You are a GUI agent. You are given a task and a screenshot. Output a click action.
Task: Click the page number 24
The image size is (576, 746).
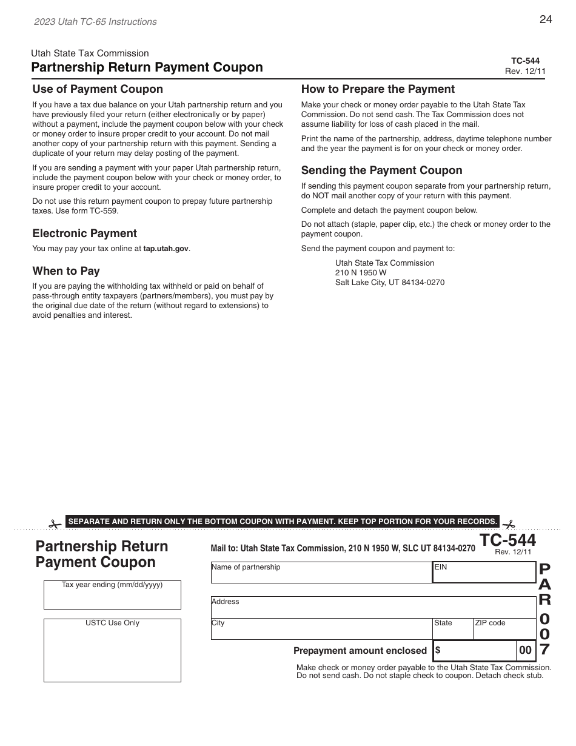point(545,19)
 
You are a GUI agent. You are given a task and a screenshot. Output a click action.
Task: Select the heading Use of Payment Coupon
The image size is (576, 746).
point(98,89)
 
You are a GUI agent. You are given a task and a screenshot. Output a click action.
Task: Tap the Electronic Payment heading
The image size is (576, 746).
point(84,234)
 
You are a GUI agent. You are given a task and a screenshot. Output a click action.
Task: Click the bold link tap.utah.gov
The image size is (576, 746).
point(166,249)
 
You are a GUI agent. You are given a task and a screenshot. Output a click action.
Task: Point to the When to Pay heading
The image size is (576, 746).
point(66,271)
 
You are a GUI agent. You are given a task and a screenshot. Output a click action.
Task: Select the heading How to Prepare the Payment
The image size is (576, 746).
point(378,89)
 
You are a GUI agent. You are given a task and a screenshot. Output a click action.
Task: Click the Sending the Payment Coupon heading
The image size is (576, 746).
point(381,170)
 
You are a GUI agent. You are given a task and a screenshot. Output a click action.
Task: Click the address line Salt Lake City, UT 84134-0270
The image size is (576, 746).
point(390,283)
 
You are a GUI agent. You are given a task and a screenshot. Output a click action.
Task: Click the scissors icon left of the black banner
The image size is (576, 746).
point(56,523)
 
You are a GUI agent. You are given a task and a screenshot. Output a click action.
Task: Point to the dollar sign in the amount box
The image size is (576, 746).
point(438,650)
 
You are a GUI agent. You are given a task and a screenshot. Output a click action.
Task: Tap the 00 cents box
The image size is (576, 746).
point(525,650)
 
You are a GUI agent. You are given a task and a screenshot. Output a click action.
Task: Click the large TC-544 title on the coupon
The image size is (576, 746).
point(507,540)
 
